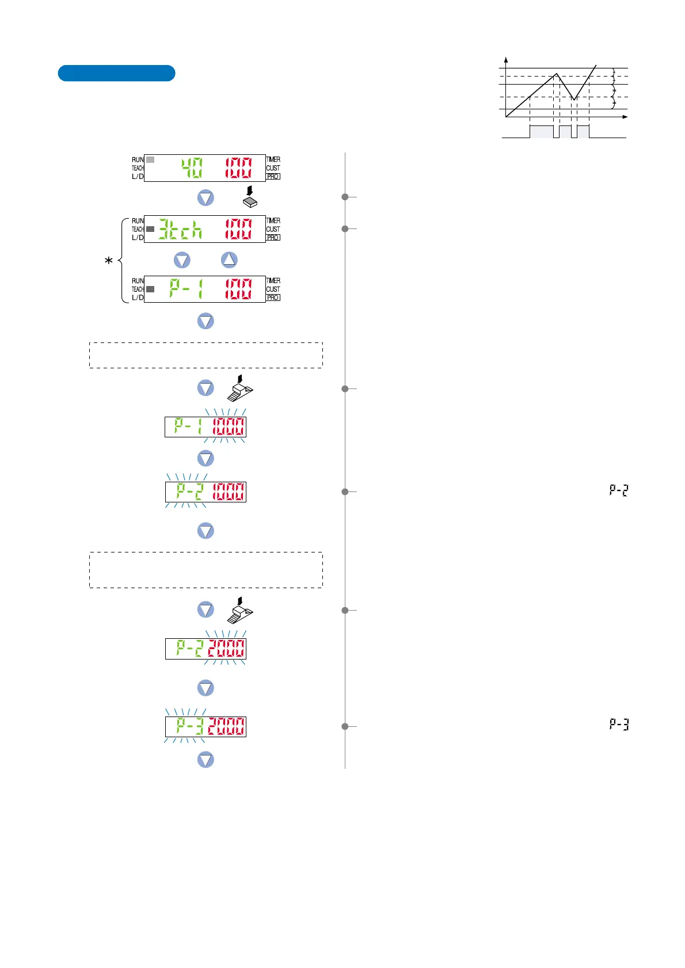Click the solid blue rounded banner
pyautogui.click(x=116, y=73)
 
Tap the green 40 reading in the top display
pyautogui.click(x=192, y=168)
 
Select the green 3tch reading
pyautogui.click(x=180, y=229)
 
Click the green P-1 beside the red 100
pyautogui.click(x=186, y=289)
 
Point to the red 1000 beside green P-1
pyautogui.click(x=229, y=427)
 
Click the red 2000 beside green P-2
pyautogui.click(x=226, y=649)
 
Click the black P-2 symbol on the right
pyautogui.click(x=619, y=490)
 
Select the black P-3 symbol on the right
pyautogui.click(x=619, y=724)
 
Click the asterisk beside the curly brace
pyautogui.click(x=108, y=261)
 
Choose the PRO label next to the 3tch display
pyautogui.click(x=273, y=238)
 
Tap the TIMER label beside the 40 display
pyautogui.click(x=273, y=159)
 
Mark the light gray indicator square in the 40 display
pyautogui.click(x=150, y=159)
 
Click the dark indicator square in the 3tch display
pyautogui.click(x=150, y=229)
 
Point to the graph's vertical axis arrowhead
pyautogui.click(x=506, y=59)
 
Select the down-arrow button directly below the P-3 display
pyautogui.click(x=205, y=760)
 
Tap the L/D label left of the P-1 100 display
pyautogui.click(x=138, y=298)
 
